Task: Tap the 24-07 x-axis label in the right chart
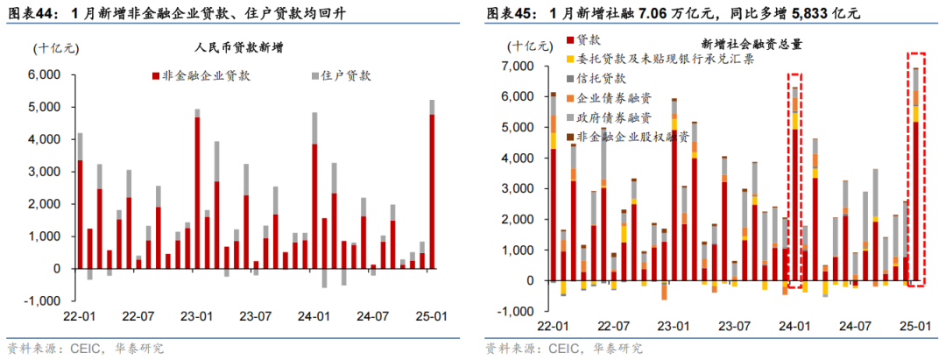click(857, 326)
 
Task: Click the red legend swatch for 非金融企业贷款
click(156, 75)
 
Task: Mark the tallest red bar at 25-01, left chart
click(431, 191)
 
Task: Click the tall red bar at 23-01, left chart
click(197, 193)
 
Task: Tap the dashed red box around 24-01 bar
click(794, 180)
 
